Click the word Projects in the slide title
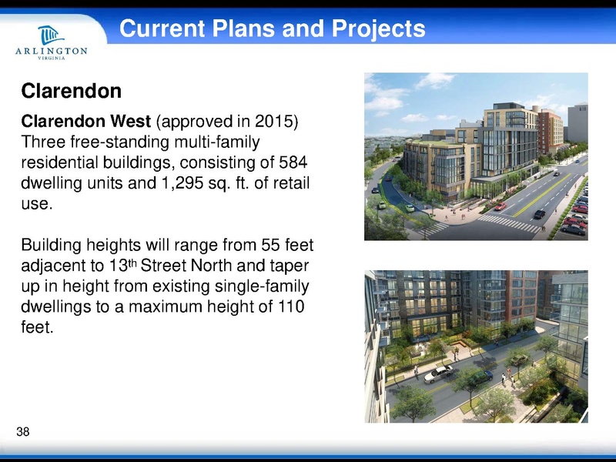click(x=377, y=29)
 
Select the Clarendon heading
click(x=72, y=92)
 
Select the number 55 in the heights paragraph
click(x=251, y=246)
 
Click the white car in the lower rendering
click(x=438, y=373)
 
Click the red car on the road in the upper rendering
click(x=500, y=206)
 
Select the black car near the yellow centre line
click(x=539, y=213)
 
